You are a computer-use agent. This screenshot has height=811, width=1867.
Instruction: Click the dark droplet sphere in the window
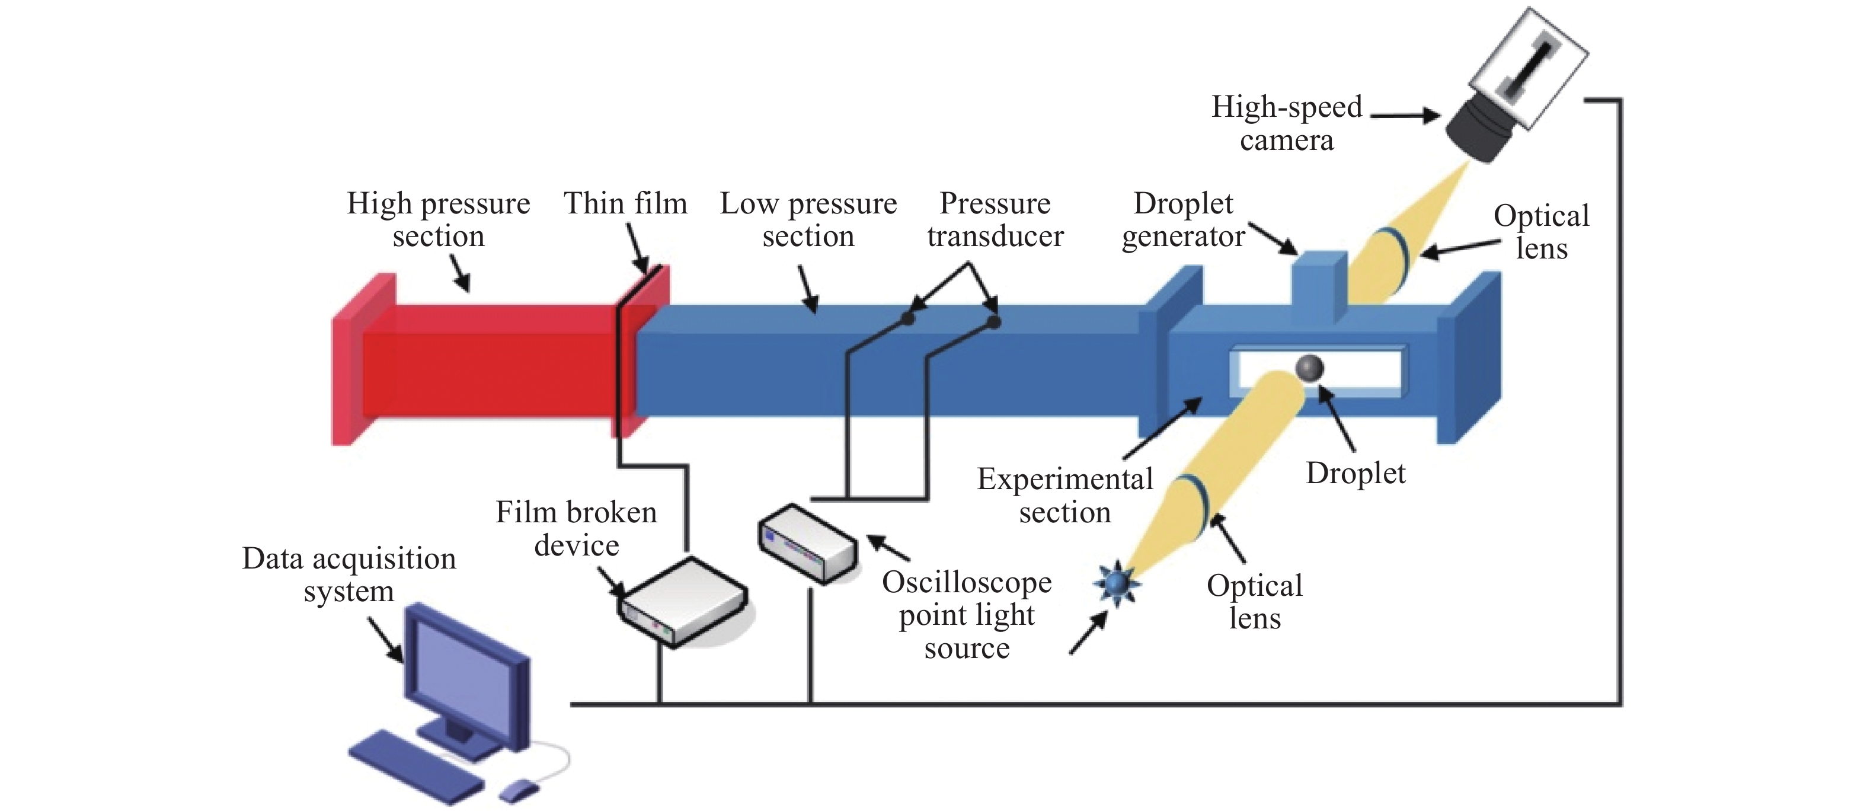click(1309, 368)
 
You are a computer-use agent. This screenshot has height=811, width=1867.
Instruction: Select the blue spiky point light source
click(1115, 583)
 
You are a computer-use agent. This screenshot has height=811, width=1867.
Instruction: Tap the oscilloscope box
click(807, 542)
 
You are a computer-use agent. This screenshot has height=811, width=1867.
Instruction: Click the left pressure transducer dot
click(907, 318)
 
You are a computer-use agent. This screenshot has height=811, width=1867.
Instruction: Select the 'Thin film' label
click(625, 204)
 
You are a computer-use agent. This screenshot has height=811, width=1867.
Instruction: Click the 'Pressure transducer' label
click(995, 219)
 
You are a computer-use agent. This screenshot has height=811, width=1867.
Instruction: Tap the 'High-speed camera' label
click(1287, 123)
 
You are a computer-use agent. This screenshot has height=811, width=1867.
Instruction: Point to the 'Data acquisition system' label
click(349, 574)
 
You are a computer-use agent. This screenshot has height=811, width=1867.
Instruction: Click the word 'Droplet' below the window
click(1356, 473)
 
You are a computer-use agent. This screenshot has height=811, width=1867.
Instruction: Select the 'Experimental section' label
click(1064, 495)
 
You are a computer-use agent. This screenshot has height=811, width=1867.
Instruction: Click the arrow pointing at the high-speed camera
click(1405, 115)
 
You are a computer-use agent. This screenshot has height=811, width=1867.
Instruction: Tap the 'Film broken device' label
click(576, 528)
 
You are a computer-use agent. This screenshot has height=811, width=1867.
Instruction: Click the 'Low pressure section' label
click(808, 219)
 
